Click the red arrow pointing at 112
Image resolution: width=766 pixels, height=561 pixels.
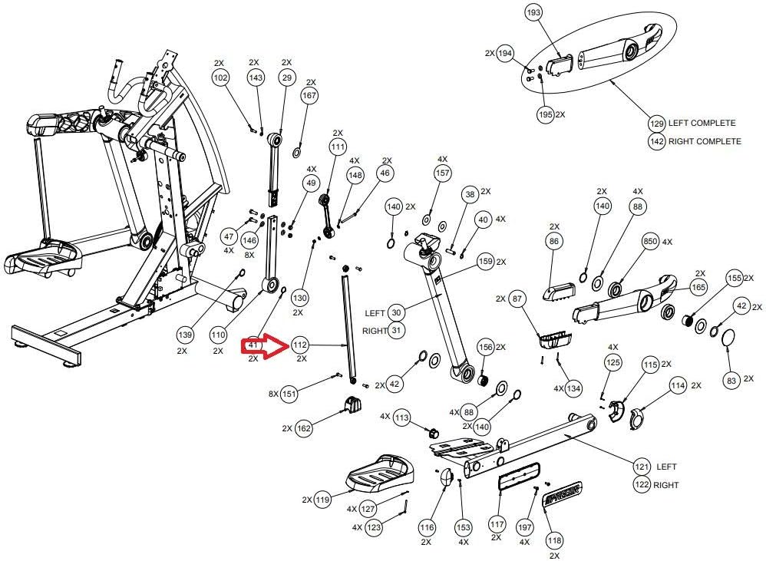click(263, 347)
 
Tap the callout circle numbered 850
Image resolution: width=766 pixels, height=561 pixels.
click(649, 242)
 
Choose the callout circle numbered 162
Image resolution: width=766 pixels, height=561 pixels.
click(304, 428)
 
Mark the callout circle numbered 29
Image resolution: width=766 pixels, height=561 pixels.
click(287, 78)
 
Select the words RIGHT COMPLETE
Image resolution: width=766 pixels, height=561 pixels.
click(705, 141)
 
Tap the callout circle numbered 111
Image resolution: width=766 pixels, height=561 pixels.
click(338, 146)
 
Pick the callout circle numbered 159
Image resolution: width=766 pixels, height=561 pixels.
click(485, 262)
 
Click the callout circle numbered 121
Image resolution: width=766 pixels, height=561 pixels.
click(642, 466)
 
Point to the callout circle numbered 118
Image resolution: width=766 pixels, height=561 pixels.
click(554, 540)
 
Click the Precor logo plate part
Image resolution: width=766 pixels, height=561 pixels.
click(563, 493)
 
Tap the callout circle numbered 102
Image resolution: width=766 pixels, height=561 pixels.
click(220, 78)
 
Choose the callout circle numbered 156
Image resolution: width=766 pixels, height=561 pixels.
click(486, 347)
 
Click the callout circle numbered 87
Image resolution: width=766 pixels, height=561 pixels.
click(517, 299)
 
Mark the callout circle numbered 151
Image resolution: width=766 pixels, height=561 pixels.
click(289, 394)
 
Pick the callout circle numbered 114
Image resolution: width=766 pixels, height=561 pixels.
click(677, 386)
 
